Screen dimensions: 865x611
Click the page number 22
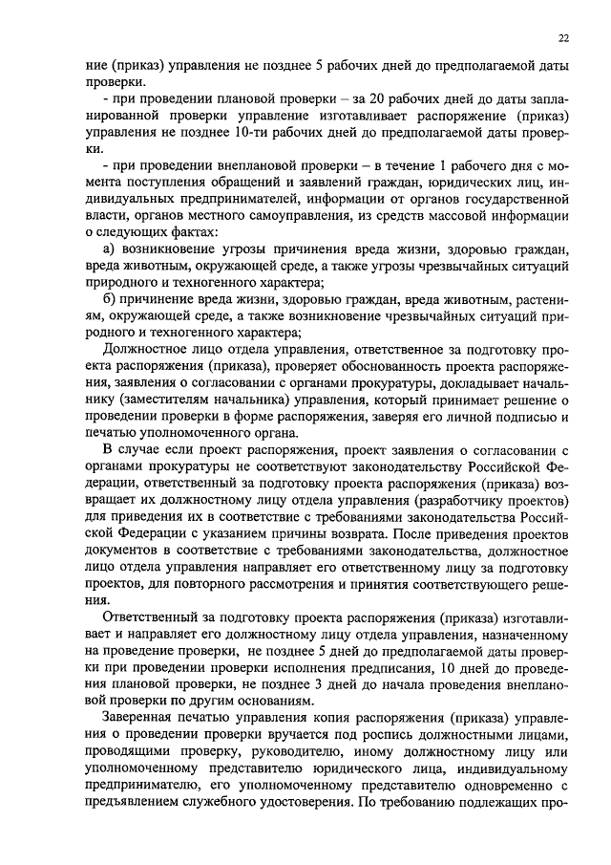(564, 37)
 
